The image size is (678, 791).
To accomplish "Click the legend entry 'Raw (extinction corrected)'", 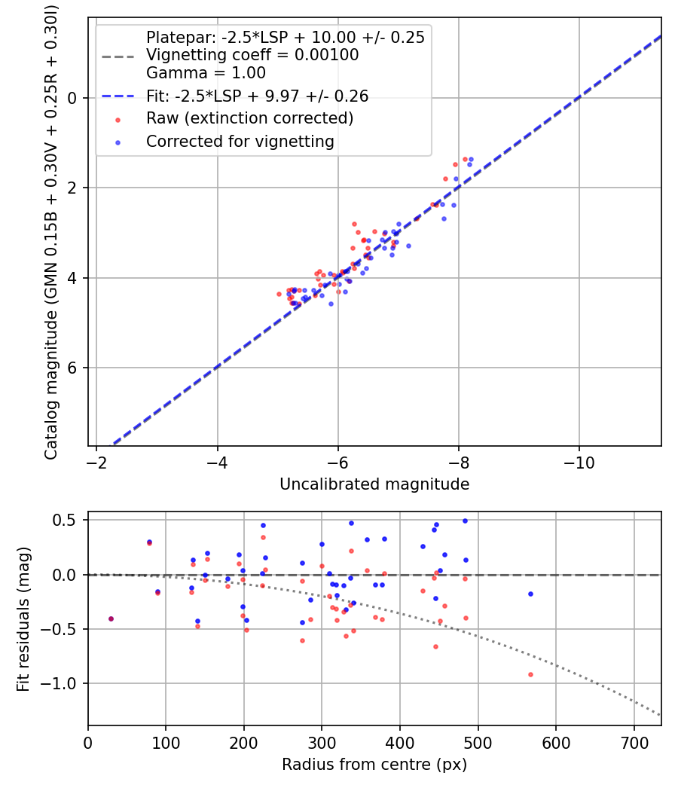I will [249, 118].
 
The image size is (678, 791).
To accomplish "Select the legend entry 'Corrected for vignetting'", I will [240, 141].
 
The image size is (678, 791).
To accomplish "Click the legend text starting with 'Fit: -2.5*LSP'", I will [257, 96].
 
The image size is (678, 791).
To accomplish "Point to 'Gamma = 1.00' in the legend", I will [206, 73].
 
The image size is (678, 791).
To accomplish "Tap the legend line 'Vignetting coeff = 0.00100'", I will [252, 55].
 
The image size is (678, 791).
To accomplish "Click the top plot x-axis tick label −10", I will [579, 461].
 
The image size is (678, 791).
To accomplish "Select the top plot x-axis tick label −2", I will [97, 461].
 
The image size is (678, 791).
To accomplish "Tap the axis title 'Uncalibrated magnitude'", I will [374, 484].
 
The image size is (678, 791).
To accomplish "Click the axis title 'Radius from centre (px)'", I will [374, 765].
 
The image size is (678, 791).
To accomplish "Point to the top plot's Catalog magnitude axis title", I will [51, 231].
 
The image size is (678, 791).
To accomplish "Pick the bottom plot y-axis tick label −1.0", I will [64, 683].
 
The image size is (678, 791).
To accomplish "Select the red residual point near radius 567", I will [530, 674].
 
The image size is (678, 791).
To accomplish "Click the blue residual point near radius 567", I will [530, 594].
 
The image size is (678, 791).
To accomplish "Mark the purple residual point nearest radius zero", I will [111, 618].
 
